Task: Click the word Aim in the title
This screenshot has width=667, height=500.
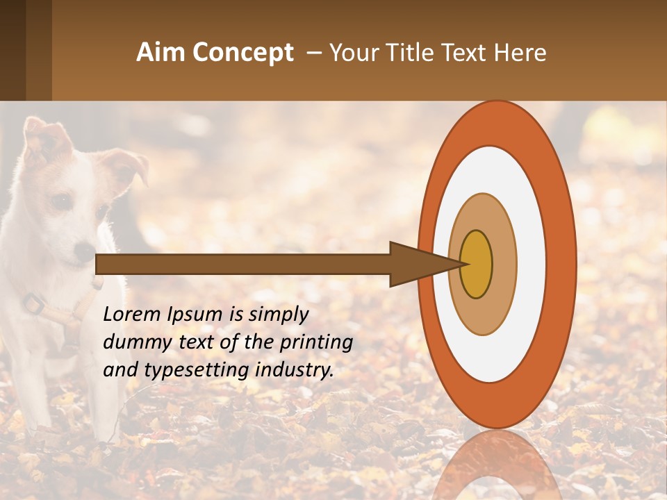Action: pos(160,53)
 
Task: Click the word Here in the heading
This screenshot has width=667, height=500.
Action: pos(520,53)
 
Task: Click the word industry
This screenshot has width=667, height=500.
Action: pos(295,370)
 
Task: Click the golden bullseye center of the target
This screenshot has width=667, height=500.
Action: pos(476,264)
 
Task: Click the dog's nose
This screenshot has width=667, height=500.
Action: pos(83,251)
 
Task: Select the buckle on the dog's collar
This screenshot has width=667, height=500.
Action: pos(33,303)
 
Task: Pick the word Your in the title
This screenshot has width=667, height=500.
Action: pos(352,53)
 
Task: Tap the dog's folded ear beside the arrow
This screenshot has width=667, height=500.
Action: pos(129,167)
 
